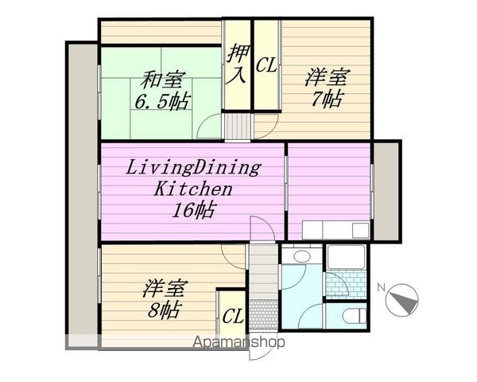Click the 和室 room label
tap(165, 80)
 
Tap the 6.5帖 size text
tap(163, 101)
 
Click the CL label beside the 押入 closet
tap(266, 66)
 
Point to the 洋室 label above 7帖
tap(328, 79)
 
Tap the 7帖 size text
tap(328, 99)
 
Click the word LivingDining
tap(195, 168)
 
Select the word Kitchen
tap(192, 189)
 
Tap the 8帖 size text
tap(163, 310)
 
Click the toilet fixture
tap(351, 317)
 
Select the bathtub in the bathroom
tap(345, 260)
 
